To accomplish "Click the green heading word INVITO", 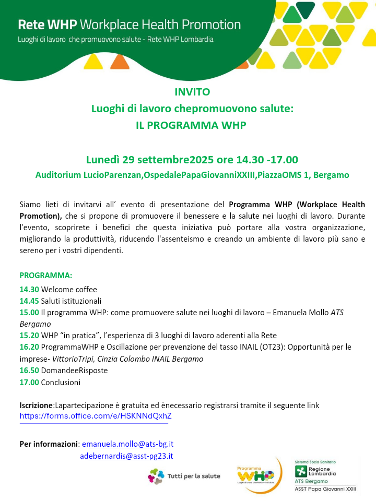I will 192,92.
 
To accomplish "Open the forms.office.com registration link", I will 96,416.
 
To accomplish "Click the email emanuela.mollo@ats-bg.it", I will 127,444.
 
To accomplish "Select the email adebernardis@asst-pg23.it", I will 126,456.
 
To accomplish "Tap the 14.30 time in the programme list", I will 29,290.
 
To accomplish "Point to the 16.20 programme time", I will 29,347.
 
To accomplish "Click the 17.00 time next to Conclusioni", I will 29,382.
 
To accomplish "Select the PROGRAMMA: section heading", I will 46,276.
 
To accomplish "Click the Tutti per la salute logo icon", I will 156,475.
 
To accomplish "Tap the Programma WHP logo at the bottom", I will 255,474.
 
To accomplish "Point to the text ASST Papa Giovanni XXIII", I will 325,489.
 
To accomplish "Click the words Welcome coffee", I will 69,290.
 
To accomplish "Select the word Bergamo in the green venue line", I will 332,175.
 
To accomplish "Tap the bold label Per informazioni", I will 49,444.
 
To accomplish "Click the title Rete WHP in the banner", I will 48,25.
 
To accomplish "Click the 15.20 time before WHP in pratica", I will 29,336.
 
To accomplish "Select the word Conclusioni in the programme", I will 61,382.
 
